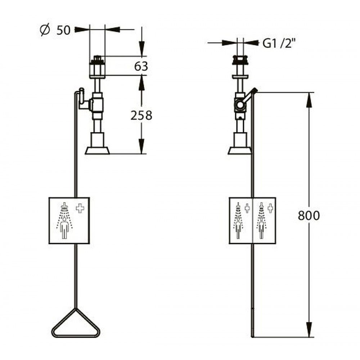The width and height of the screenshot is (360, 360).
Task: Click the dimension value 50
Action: click(x=63, y=30)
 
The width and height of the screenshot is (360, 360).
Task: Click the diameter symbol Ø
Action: click(x=45, y=30)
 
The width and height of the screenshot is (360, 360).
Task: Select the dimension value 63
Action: click(x=141, y=66)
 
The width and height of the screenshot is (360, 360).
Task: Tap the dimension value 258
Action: click(x=141, y=115)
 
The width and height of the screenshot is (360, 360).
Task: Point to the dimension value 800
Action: click(x=309, y=215)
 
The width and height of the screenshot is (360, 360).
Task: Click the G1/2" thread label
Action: click(x=279, y=43)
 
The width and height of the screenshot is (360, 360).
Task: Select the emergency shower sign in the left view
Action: click(x=69, y=220)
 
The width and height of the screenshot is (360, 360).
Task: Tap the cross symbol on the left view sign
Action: click(x=80, y=208)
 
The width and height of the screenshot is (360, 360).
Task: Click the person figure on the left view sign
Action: click(x=64, y=228)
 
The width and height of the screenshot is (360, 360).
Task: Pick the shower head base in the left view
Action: click(x=97, y=150)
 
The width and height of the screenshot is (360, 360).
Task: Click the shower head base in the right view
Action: click(x=240, y=150)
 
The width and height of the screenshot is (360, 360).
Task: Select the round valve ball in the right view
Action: click(x=240, y=105)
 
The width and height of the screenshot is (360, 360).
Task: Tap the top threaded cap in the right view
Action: click(x=240, y=60)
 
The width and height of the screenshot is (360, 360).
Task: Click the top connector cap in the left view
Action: click(x=97, y=60)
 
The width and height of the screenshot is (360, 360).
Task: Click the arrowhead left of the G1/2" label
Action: click(x=229, y=43)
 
